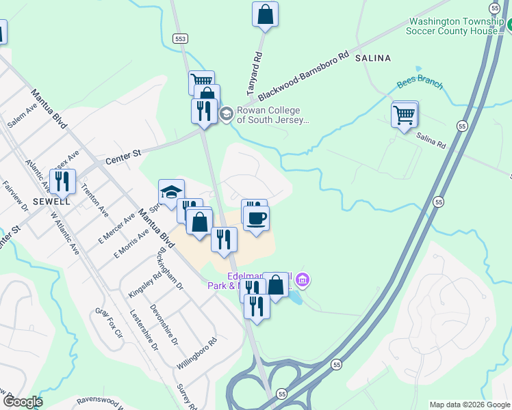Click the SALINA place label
(373, 59)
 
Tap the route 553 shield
(179, 39)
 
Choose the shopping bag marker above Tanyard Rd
(265, 14)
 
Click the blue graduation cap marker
(171, 191)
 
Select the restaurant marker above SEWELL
(62, 181)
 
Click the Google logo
(22, 401)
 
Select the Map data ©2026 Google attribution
(469, 405)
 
